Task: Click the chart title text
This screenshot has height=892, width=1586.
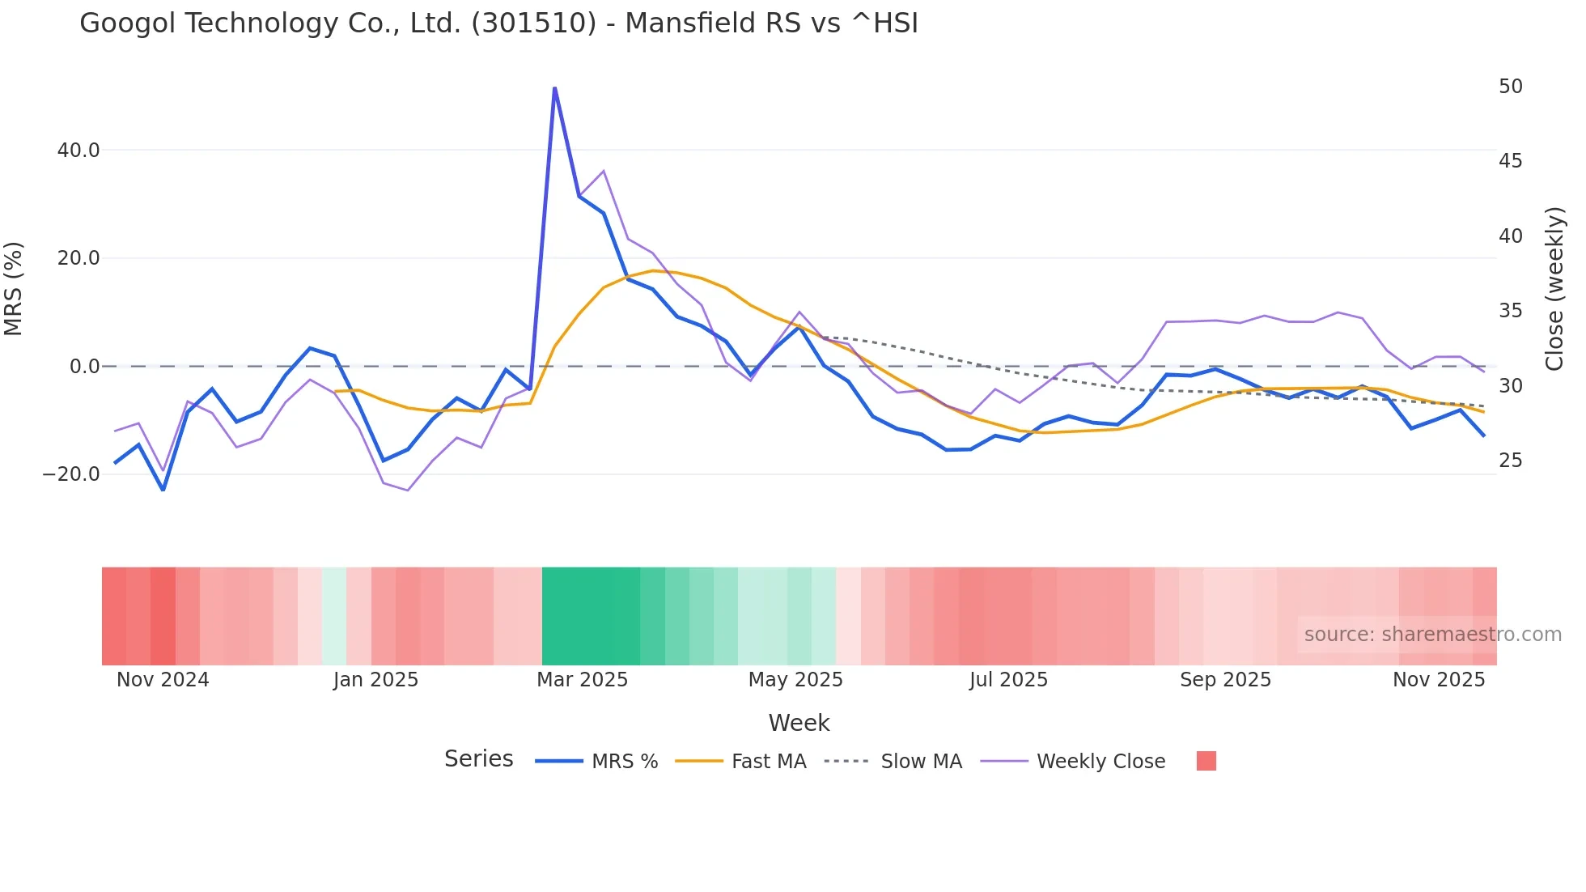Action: [498, 23]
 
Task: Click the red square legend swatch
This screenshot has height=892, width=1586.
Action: [1206, 761]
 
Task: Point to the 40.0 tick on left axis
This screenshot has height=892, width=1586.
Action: [78, 151]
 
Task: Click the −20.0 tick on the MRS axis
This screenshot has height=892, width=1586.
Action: [71, 474]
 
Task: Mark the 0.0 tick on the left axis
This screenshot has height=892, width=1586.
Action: [84, 367]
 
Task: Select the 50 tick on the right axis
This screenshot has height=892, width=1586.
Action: [1510, 87]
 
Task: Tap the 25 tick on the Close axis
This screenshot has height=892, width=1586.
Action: [1510, 461]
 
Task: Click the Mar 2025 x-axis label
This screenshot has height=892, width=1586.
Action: [582, 680]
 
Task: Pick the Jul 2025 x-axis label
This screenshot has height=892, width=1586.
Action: [1008, 680]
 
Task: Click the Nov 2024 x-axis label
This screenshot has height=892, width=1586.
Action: [163, 680]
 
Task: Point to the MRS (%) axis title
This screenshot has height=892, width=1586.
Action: [14, 288]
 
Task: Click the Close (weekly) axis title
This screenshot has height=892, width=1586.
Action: [1554, 289]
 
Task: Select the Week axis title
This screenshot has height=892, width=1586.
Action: [799, 723]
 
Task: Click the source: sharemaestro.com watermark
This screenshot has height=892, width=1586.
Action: [1432, 635]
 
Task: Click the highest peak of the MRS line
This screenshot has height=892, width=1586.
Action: [554, 87]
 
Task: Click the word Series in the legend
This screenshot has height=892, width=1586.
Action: [478, 759]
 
